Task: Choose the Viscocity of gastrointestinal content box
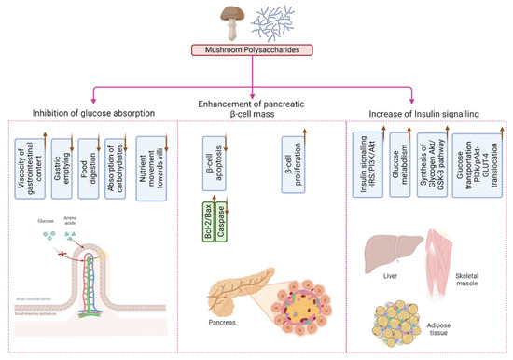29,167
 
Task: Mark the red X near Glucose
62,228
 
